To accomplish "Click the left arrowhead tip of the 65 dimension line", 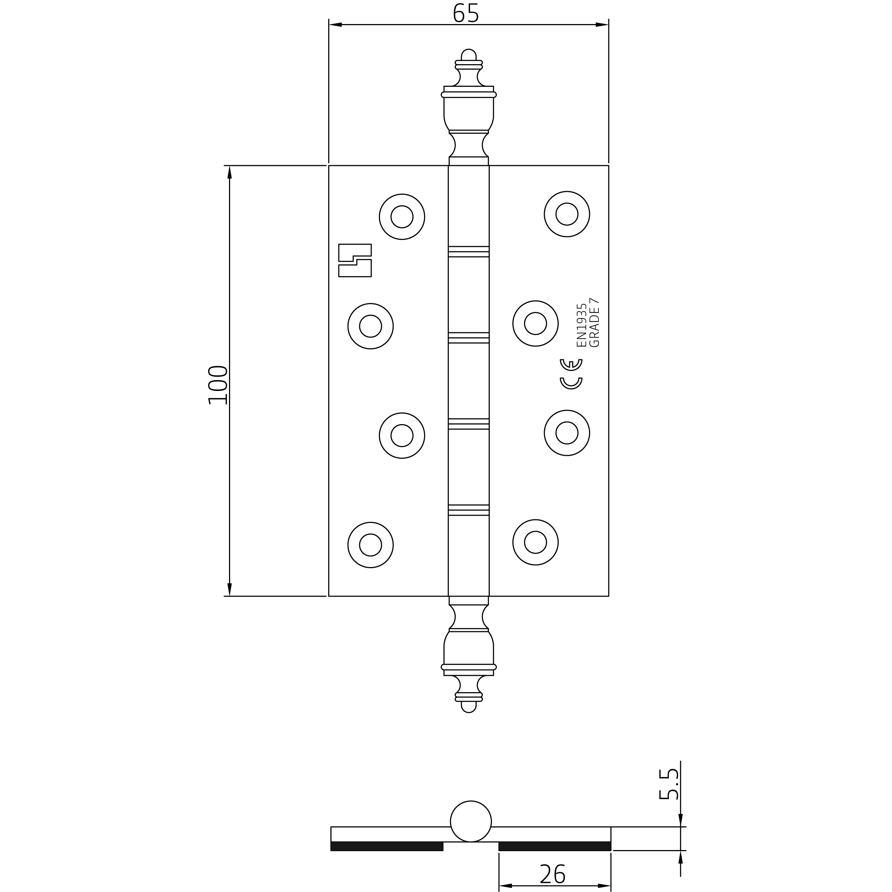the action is tap(329, 24).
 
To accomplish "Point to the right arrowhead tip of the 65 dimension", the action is tap(609, 24).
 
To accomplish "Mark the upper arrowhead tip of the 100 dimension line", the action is tap(229, 166).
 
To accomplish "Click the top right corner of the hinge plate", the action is tap(609, 165).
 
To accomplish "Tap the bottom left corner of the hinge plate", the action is tap(329, 596).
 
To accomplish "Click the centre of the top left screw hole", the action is tap(402, 217).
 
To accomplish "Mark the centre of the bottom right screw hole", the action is tap(536, 542).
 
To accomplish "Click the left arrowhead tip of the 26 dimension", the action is tap(499, 885).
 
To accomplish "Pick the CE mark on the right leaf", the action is tap(571, 374).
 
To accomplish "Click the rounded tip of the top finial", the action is tap(469, 49).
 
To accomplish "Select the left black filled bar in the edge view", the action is tap(387, 846).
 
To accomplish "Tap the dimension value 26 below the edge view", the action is tap(552, 873).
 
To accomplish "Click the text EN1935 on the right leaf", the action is tap(581, 325).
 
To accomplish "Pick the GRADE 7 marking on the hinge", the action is tap(595, 322).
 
